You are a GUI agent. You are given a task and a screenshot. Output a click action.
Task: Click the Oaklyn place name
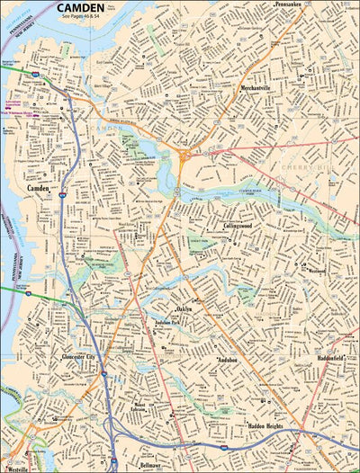point(184,308)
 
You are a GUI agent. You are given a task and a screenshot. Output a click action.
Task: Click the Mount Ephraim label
point(139,407)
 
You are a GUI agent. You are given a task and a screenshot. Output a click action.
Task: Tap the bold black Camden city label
point(38,190)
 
